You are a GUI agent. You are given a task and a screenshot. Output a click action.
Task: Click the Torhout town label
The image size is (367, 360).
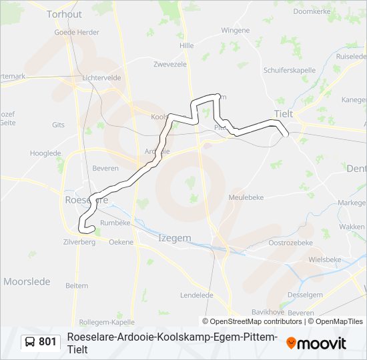point(64,14)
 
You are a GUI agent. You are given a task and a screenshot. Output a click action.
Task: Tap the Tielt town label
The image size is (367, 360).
point(284,114)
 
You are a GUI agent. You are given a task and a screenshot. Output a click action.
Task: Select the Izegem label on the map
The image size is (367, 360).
point(175,238)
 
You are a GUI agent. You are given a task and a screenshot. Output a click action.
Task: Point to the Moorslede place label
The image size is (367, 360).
point(27,281)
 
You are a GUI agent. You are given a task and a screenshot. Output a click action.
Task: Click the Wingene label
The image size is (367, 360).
point(236,31)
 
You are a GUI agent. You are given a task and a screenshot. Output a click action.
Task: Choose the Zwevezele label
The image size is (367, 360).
point(169,65)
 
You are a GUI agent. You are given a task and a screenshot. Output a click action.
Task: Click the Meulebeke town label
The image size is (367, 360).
point(248,197)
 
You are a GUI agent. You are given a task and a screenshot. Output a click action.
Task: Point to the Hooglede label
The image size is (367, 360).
point(45,153)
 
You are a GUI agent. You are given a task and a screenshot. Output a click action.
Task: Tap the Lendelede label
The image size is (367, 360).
point(197,295)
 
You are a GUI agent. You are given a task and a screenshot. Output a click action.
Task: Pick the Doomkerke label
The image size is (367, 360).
point(312,11)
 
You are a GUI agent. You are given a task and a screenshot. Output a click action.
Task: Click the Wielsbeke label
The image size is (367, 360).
point(326,259)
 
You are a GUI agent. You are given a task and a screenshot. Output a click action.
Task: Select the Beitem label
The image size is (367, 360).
point(77,285)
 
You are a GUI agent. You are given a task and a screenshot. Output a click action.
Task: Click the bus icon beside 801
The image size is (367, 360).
point(30,342)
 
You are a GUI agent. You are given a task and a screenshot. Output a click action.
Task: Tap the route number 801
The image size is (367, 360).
point(47,342)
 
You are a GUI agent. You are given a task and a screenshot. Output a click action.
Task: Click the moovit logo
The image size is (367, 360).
point(316,343)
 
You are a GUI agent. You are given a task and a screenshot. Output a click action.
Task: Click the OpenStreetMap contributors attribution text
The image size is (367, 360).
point(252,321)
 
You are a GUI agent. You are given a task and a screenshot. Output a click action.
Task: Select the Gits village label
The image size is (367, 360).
point(58,125)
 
